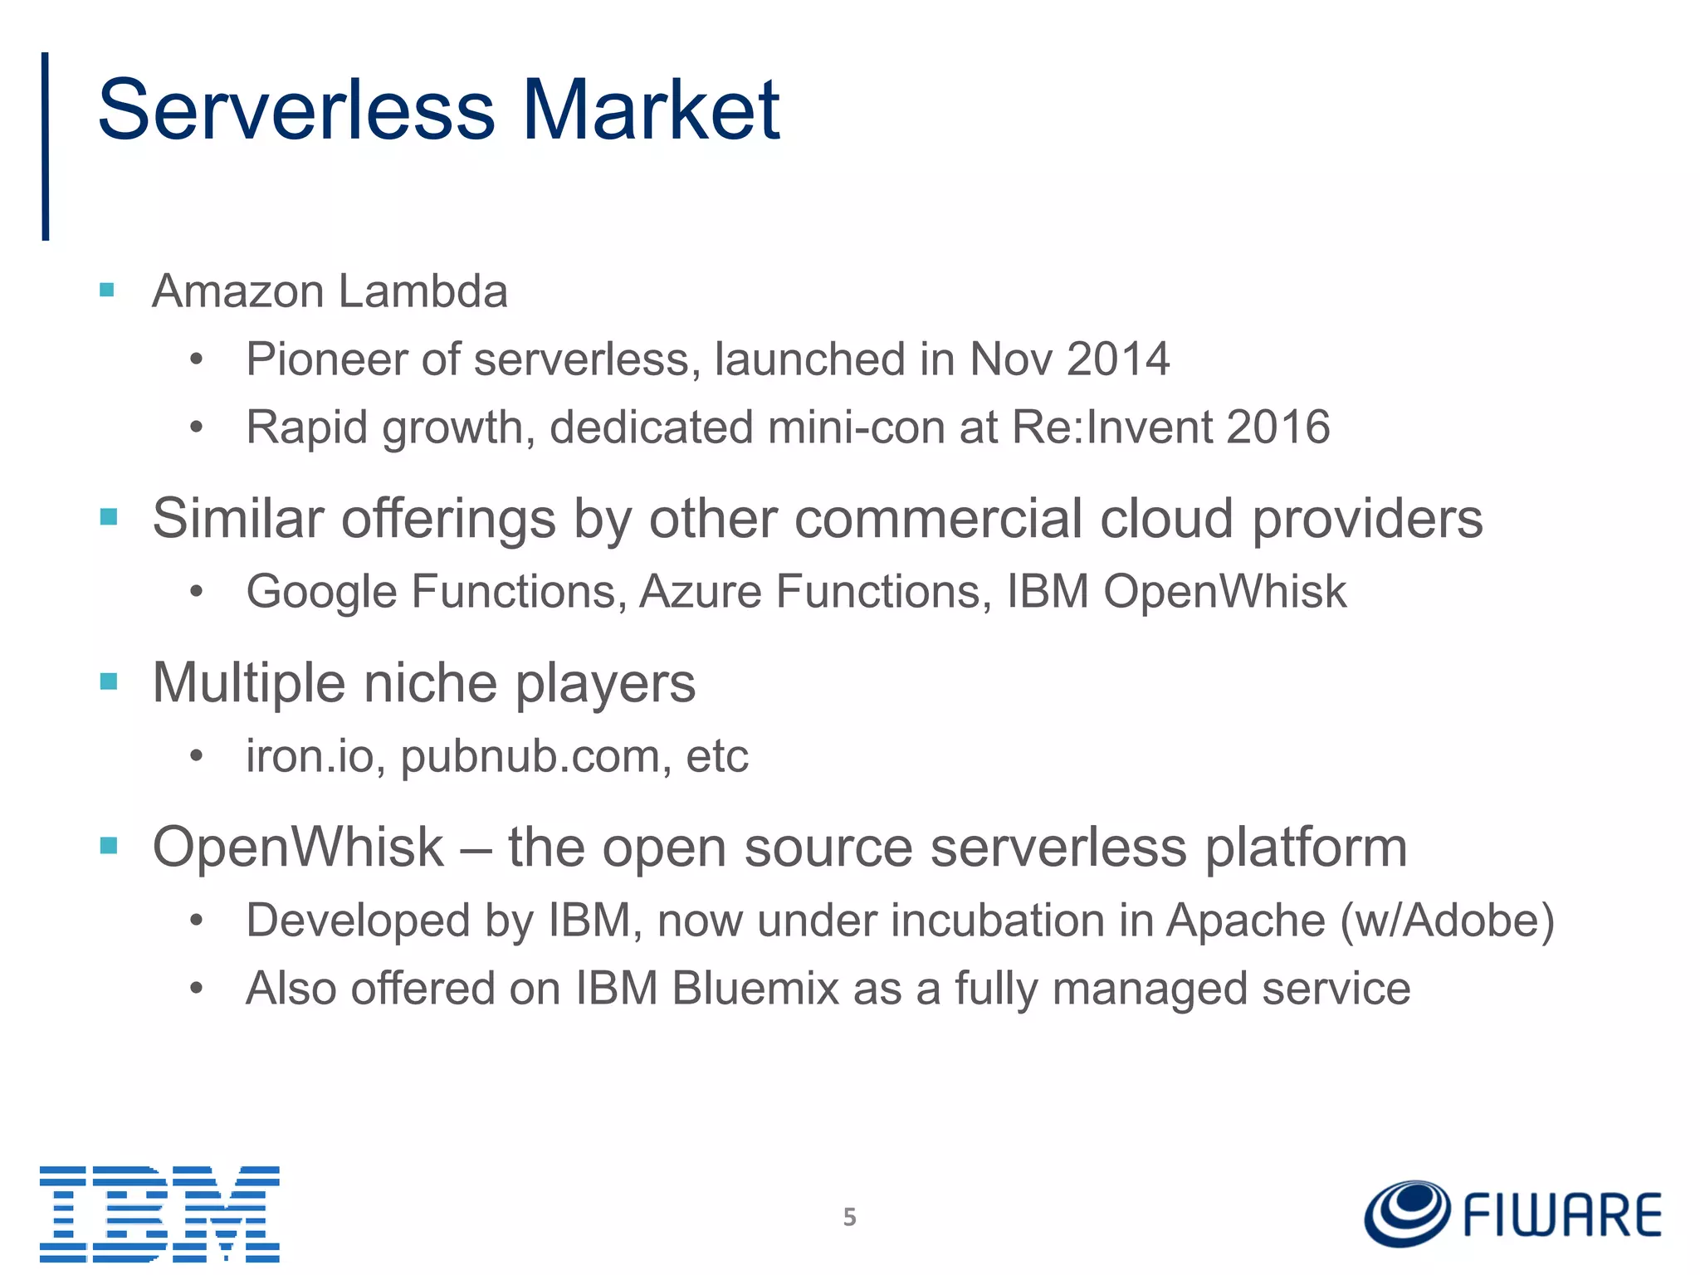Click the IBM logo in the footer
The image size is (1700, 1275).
pyautogui.click(x=159, y=1213)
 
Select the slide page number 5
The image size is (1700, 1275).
pyautogui.click(x=849, y=1217)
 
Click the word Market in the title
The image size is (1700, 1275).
pyautogui.click(x=651, y=110)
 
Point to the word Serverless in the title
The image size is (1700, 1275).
pyautogui.click(x=296, y=110)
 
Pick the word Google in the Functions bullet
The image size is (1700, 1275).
pyautogui.click(x=321, y=592)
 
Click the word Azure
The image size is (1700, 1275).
pyautogui.click(x=700, y=592)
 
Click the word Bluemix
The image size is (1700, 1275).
pyautogui.click(x=755, y=989)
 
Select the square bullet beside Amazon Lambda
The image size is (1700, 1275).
pyautogui.click(x=107, y=290)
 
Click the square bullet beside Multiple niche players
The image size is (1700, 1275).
pyautogui.click(x=109, y=681)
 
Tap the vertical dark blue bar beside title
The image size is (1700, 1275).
pyautogui.click(x=46, y=146)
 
